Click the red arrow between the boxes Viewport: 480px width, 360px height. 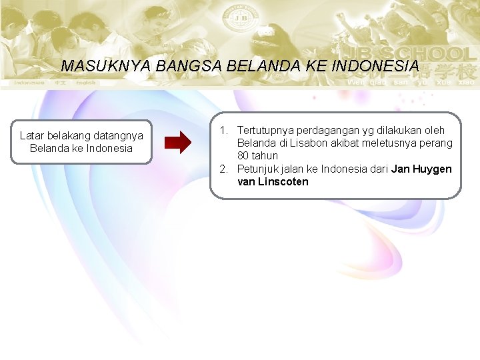coord(177,143)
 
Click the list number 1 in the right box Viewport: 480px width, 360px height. coord(223,130)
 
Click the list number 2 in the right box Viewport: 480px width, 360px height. coord(223,169)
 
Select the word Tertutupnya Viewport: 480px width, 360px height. coord(264,130)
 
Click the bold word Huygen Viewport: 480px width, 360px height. coord(431,169)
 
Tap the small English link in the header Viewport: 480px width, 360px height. coord(85,83)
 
